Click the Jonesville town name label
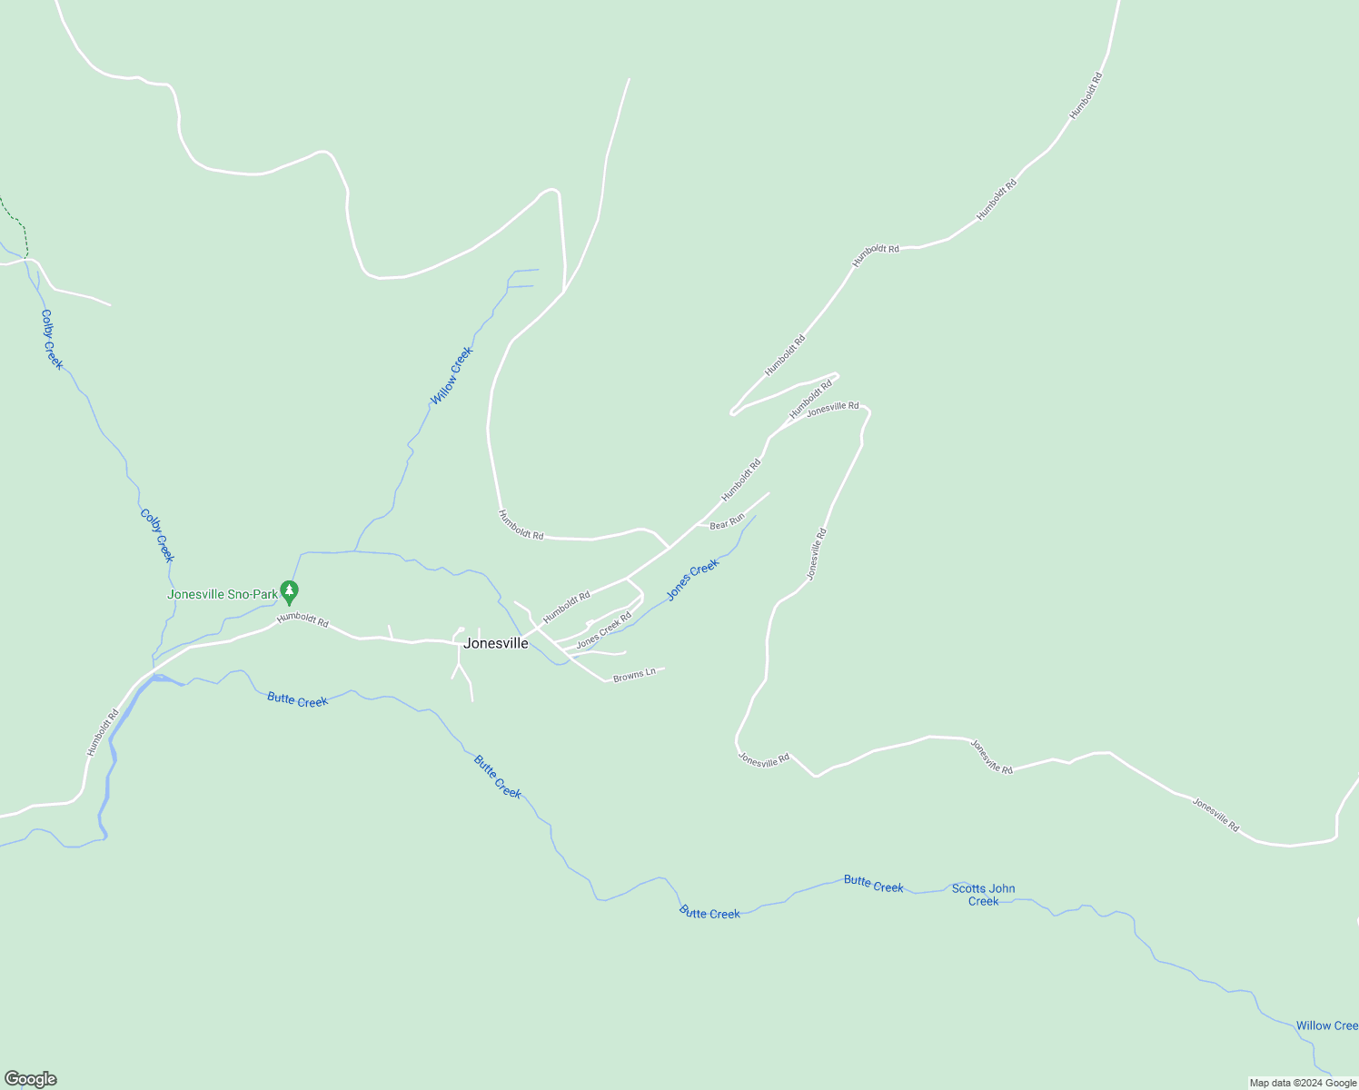496,643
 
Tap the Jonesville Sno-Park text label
223,595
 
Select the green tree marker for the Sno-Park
289,592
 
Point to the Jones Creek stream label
692,580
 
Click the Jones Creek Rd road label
603,629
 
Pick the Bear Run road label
727,521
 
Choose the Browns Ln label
634,675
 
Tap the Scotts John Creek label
983,895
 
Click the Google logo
30,1079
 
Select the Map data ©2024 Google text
1302,1083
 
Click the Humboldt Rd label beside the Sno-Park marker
303,619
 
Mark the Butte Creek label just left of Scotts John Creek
873,884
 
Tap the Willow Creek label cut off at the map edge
1326,1026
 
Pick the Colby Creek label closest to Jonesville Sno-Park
156,535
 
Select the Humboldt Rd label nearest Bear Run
740,481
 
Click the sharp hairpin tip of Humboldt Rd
732,412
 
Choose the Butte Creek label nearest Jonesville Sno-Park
297,699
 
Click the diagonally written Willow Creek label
451,376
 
